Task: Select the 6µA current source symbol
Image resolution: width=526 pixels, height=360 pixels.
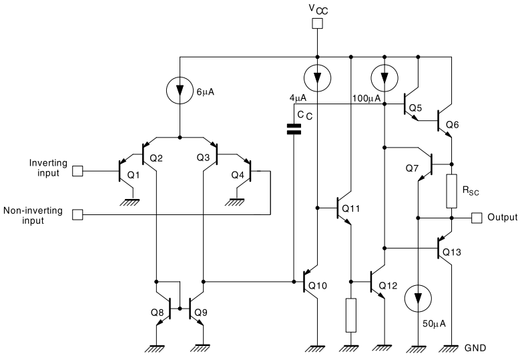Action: click(180, 89)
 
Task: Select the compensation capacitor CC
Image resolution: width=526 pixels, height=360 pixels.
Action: click(293, 129)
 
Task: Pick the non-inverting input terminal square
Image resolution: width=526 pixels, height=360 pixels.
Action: click(77, 214)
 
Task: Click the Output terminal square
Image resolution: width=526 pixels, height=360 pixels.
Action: click(477, 218)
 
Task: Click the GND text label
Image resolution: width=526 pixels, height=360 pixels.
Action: click(476, 348)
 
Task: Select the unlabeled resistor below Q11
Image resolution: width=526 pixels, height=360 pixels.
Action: click(351, 316)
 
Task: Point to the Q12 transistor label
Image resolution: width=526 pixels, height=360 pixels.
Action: click(389, 286)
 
